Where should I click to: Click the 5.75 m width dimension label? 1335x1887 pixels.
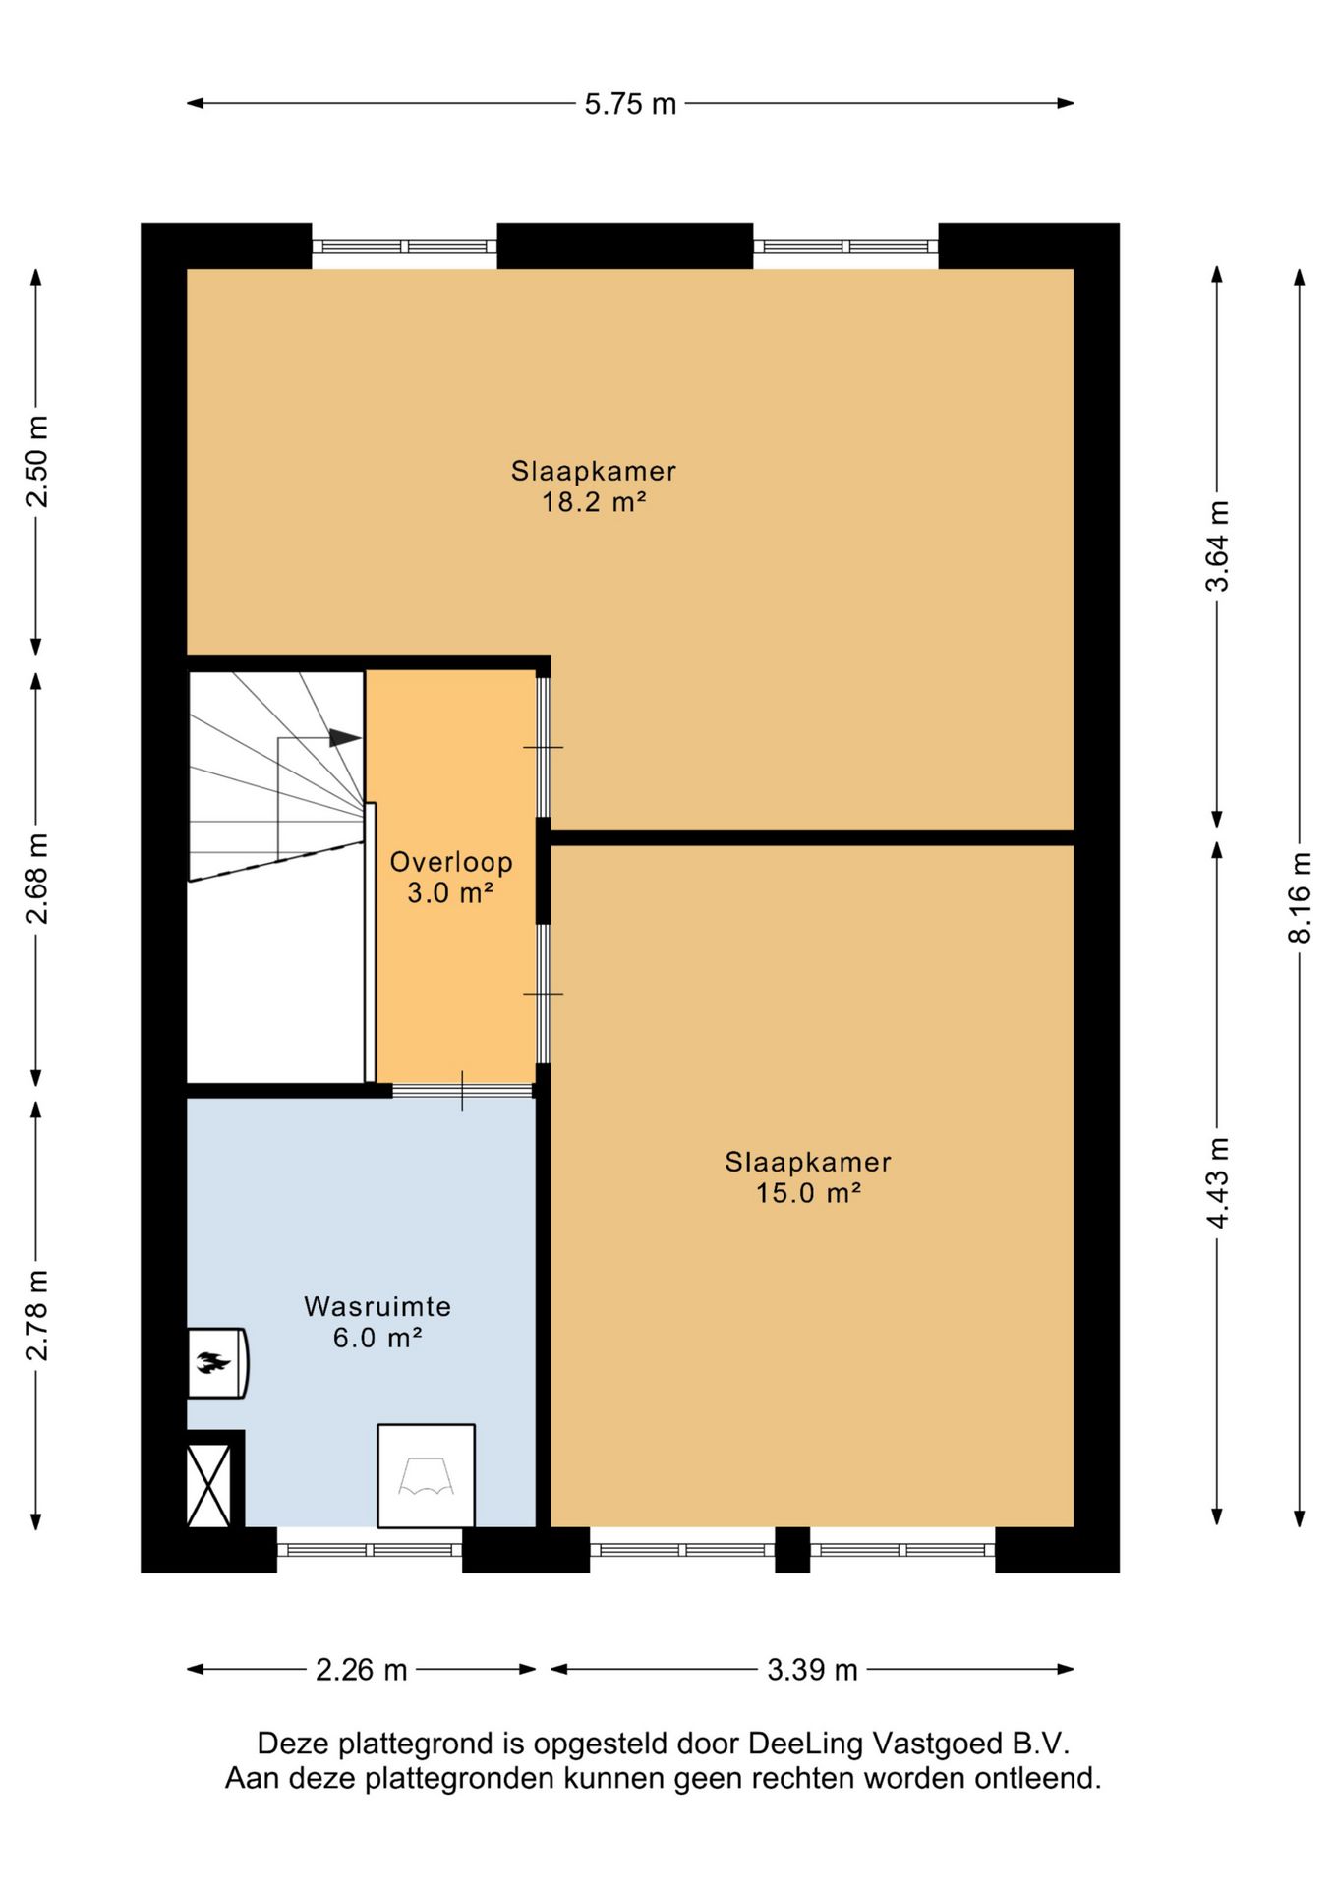(x=630, y=104)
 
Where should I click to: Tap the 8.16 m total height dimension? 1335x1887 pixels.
(x=1300, y=896)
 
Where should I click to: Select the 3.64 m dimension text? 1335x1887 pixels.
(x=1217, y=545)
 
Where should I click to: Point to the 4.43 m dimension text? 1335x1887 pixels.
(x=1217, y=1183)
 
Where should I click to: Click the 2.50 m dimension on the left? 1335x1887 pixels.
(x=37, y=461)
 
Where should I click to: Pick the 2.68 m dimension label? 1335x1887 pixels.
(x=37, y=879)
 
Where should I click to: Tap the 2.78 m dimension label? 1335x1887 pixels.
(x=37, y=1315)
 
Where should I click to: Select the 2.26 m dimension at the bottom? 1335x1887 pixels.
(x=361, y=1670)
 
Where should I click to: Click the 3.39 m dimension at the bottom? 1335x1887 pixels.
(x=812, y=1670)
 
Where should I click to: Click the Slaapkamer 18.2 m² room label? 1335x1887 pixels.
(x=594, y=486)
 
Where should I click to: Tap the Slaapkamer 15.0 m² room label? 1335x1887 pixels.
(x=808, y=1177)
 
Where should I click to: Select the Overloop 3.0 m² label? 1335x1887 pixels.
(x=451, y=877)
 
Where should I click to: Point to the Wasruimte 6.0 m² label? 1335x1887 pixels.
(x=377, y=1322)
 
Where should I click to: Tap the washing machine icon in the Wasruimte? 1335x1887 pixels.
(x=426, y=1475)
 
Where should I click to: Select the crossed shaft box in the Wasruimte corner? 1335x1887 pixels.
(x=209, y=1484)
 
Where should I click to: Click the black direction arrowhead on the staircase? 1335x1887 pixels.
(x=345, y=737)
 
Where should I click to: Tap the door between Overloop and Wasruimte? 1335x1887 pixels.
(x=462, y=1090)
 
